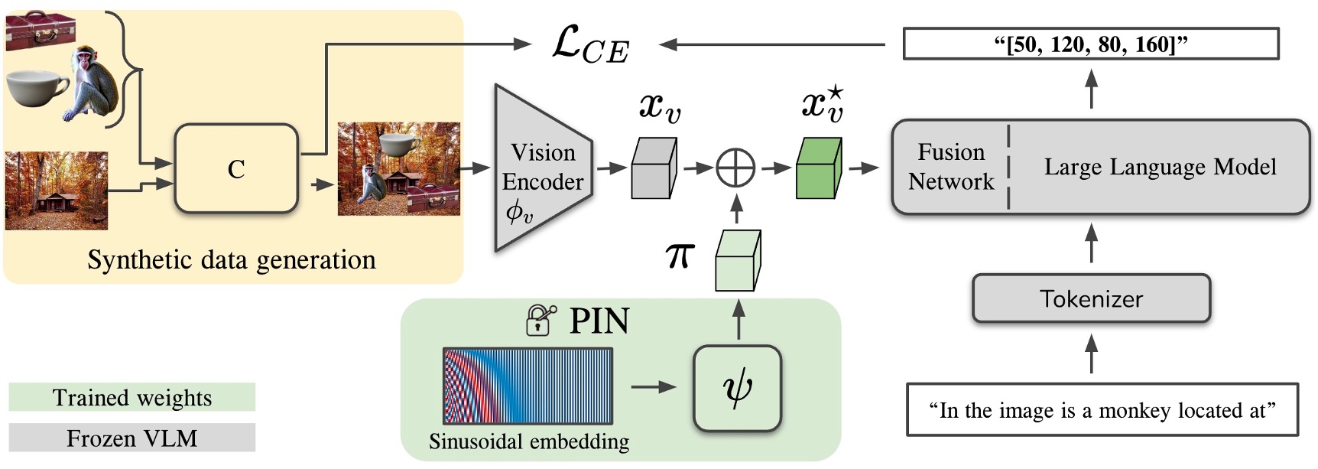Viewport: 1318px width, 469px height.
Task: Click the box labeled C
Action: pos(235,168)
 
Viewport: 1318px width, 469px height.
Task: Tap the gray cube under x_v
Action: pos(654,168)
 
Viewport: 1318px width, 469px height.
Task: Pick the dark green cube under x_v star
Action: pos(819,168)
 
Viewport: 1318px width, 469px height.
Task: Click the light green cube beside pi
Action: pos(737,261)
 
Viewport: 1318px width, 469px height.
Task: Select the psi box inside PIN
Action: pos(737,388)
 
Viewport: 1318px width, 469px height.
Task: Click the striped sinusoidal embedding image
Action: pos(528,386)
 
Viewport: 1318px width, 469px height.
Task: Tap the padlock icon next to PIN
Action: pos(540,320)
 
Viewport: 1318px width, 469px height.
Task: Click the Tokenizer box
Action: pos(1091,298)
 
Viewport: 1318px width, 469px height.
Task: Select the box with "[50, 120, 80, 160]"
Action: pos(1091,44)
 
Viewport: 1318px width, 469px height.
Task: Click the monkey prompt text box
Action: pos(1102,410)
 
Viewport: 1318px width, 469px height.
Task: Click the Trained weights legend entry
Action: pos(131,397)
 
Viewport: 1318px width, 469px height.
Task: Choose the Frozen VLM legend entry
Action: pos(131,438)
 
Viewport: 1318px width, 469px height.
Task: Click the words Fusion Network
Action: pos(950,167)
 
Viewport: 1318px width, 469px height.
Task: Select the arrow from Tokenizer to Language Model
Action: pos(1091,243)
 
